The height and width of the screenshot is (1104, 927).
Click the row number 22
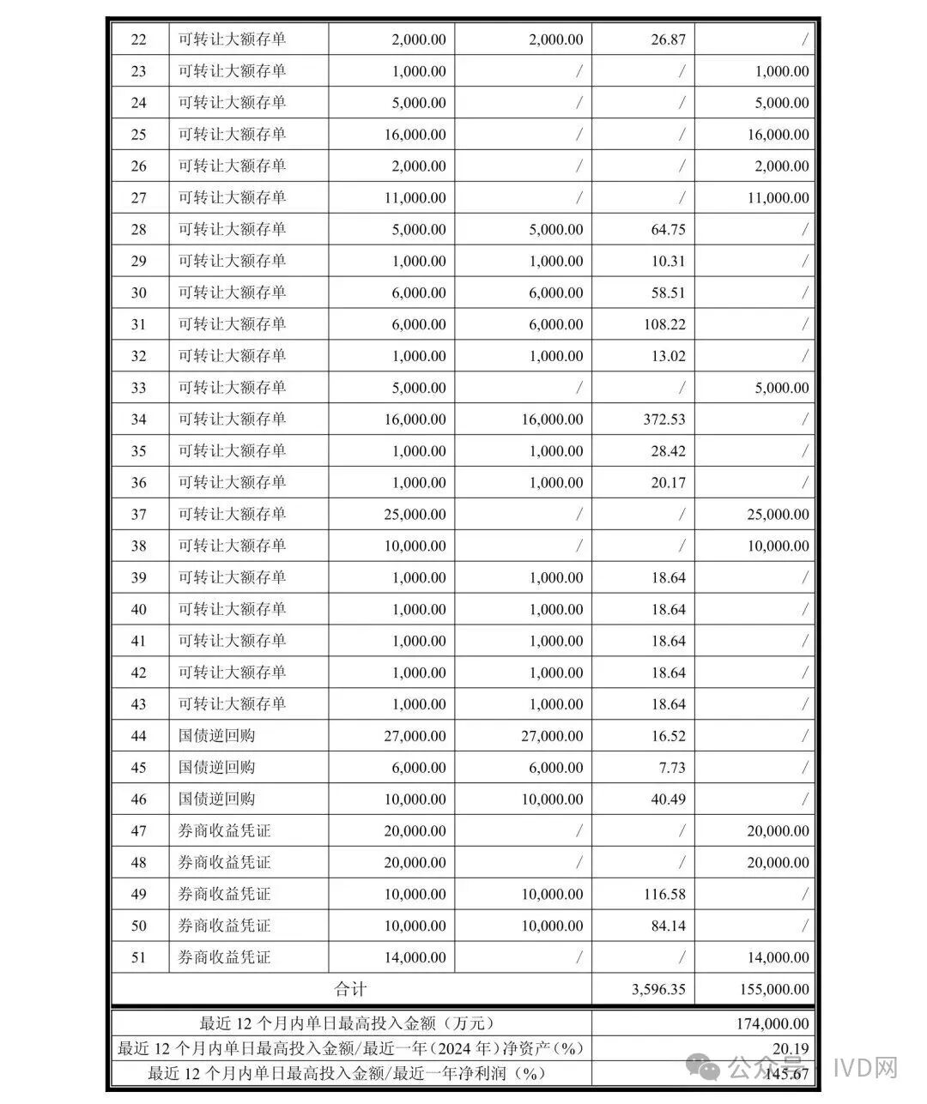[x=138, y=39]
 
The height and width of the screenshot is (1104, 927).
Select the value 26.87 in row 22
[x=668, y=39]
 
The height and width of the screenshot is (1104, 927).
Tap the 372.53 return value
[x=662, y=419]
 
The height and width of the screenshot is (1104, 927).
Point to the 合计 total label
[x=350, y=989]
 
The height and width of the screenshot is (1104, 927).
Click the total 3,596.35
[x=658, y=989]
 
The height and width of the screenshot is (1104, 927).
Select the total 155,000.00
[x=773, y=989]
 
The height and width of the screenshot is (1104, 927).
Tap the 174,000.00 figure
[x=773, y=1023]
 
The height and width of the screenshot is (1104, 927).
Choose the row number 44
[x=138, y=736]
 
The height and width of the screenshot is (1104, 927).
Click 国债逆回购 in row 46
[x=216, y=799]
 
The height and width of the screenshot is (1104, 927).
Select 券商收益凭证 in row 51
[x=224, y=957]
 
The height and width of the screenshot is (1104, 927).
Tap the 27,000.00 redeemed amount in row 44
[x=552, y=736]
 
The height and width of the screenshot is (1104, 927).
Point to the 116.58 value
[x=664, y=894]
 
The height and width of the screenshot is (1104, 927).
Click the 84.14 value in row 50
[x=668, y=926]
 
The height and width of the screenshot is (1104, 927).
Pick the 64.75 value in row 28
[x=668, y=229]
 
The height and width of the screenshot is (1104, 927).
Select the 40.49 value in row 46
[x=668, y=799]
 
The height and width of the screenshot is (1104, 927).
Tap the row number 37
[x=138, y=515]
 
